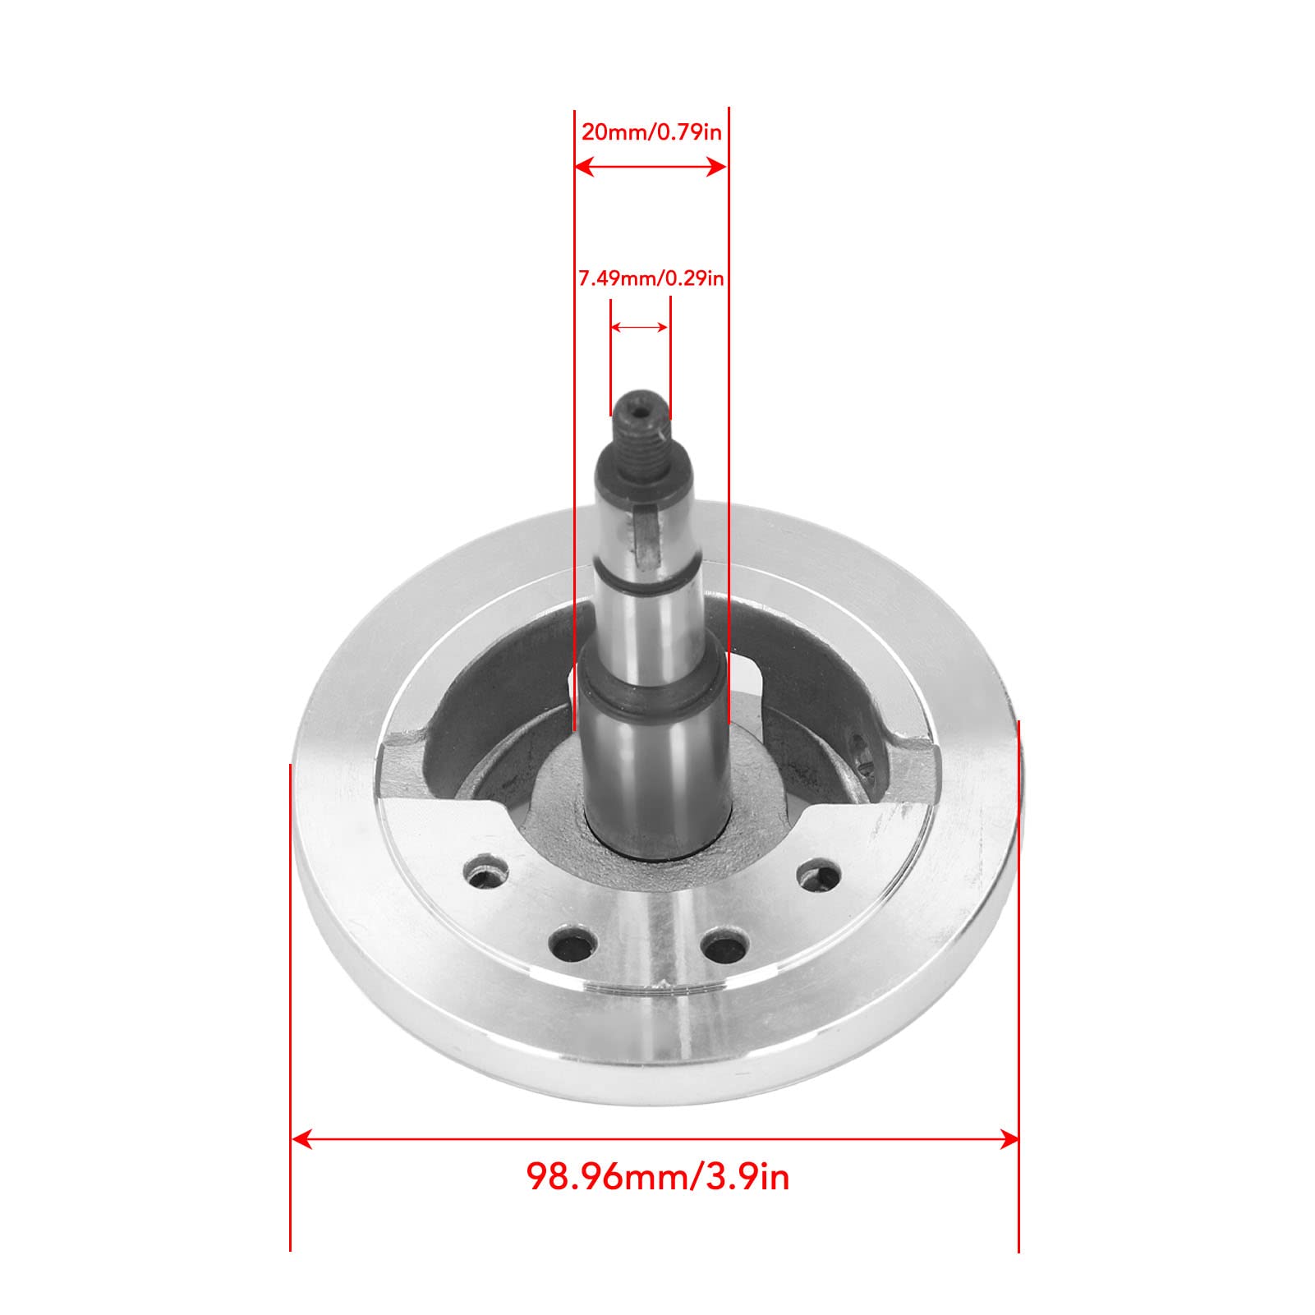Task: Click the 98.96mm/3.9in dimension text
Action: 658,1177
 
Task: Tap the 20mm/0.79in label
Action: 651,132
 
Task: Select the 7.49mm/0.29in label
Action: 651,279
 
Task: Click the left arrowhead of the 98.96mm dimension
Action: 302,1138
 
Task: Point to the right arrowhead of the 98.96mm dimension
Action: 1008,1138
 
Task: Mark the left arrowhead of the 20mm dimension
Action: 584,168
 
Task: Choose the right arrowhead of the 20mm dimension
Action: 716,168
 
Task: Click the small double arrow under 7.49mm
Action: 639,327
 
